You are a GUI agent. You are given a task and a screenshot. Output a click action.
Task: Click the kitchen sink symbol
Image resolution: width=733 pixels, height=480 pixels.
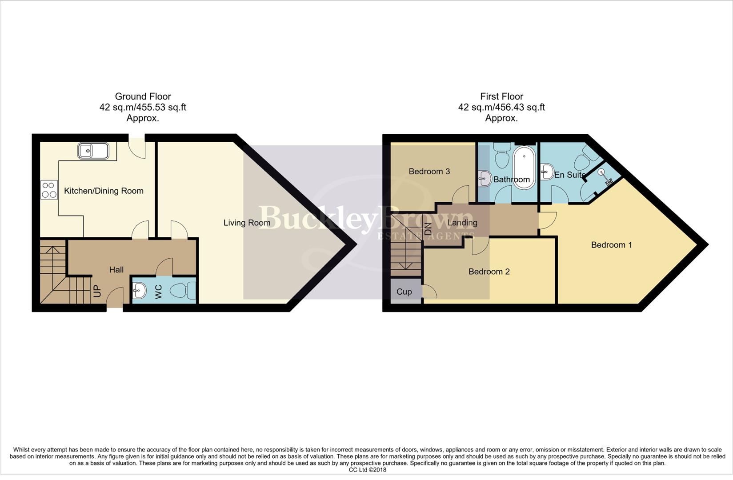pos(93,151)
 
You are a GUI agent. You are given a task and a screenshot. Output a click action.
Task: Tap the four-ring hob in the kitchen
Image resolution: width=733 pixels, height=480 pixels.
pos(49,190)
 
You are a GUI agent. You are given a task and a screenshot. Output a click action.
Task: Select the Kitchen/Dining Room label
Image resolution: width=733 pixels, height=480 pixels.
pos(104,191)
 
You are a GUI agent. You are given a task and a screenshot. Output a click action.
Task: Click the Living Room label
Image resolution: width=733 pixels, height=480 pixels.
pos(247,223)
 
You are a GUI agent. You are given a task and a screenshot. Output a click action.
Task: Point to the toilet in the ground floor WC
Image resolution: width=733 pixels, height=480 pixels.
pos(183,291)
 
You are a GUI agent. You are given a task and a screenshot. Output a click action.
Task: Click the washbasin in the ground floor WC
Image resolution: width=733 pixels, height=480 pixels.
pos(140,291)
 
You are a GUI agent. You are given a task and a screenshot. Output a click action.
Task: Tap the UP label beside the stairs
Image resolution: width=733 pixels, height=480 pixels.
pos(97,291)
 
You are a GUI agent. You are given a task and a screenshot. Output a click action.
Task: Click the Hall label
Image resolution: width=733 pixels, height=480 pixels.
pos(116,270)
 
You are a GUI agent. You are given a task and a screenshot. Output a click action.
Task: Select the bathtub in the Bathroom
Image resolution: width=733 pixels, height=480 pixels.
pos(525,168)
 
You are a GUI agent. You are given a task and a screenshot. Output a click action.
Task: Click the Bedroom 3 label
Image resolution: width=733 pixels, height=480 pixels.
pos(429,172)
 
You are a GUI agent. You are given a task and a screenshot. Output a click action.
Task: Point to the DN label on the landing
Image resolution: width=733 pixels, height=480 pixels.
pos(428,229)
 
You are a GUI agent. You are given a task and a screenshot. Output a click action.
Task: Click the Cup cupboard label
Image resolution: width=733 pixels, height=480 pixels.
pos(404,292)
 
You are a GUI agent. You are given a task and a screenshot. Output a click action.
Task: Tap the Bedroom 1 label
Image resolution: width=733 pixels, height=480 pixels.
pos(611,245)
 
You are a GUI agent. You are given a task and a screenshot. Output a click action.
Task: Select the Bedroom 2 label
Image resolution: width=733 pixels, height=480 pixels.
pos(489,272)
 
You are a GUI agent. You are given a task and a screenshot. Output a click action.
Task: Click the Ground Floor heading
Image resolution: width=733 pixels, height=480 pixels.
pos(143,96)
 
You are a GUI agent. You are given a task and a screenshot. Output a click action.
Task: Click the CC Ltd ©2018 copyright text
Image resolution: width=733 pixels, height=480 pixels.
pos(367,470)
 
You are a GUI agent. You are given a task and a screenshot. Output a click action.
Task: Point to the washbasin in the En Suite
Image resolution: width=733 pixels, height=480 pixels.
pos(547,171)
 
